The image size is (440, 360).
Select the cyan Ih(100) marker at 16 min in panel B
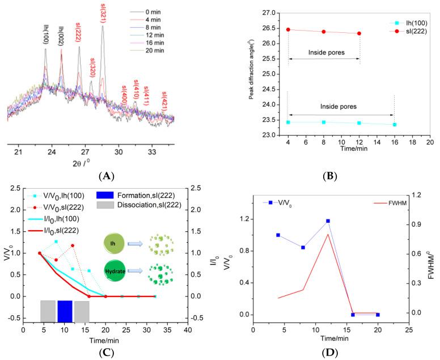coord(394,124)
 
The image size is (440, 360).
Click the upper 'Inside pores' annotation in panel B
coord(324,53)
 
